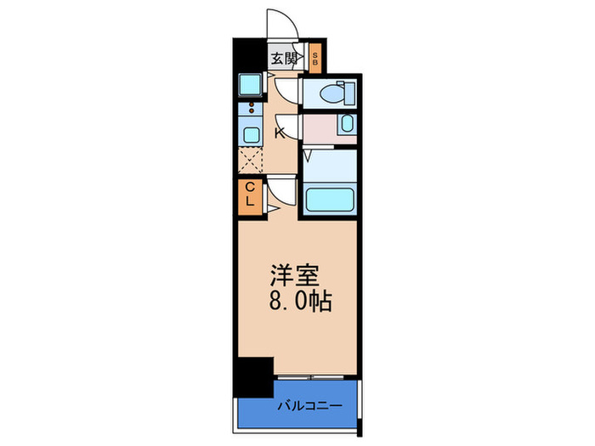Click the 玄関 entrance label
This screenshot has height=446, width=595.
click(283, 59)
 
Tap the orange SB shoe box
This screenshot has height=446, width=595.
click(315, 59)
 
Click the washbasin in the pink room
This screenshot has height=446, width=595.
click(347, 124)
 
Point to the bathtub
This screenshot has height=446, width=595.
click(330, 200)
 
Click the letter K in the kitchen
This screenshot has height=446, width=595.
click(280, 133)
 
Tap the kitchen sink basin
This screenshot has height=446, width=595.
click(251, 134)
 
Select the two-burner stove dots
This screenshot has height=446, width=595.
click(251, 107)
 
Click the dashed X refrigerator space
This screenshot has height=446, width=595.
click(250, 160)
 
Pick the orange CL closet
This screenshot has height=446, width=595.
click(250, 197)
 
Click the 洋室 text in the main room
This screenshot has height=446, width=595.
click(295, 275)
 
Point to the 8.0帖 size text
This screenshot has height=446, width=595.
click(301, 302)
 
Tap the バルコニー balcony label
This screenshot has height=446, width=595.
click(310, 406)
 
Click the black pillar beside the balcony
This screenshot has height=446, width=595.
click(253, 377)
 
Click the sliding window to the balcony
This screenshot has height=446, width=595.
click(311, 377)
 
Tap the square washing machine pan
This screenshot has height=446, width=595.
click(250, 85)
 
